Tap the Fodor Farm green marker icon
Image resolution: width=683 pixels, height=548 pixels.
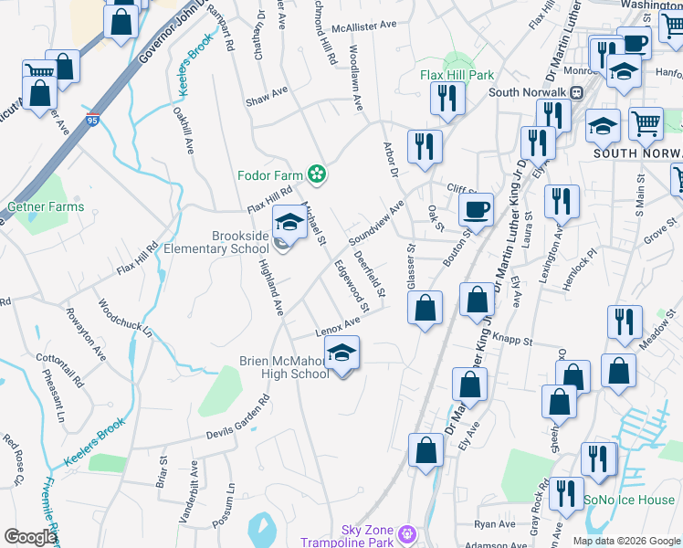pyautogui.click(x=318, y=173)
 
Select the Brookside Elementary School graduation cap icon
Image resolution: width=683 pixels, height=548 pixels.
pyautogui.click(x=289, y=222)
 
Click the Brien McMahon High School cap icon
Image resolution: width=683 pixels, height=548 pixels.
pyautogui.click(x=341, y=353)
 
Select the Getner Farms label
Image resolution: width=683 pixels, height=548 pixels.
pyautogui.click(x=46, y=207)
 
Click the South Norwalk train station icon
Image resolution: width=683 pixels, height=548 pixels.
pyautogui.click(x=577, y=92)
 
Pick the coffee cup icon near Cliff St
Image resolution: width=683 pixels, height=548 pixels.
pyautogui.click(x=476, y=210)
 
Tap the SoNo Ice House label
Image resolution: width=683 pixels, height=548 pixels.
pyautogui.click(x=630, y=500)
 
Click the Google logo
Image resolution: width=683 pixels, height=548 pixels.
pyautogui.click(x=30, y=537)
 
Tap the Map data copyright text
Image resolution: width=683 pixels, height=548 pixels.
pyautogui.click(x=626, y=541)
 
